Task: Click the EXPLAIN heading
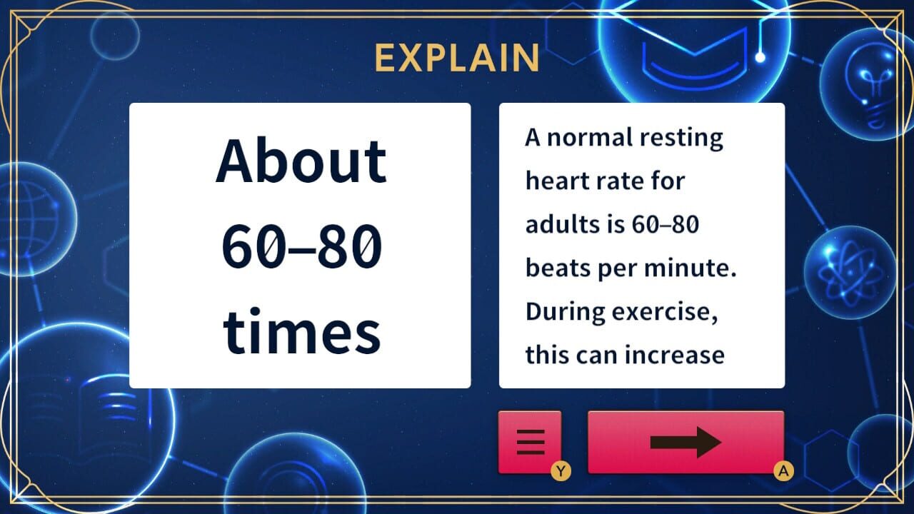pyautogui.click(x=457, y=58)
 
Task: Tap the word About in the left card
pyautogui.click(x=301, y=161)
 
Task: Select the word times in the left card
pyautogui.click(x=302, y=331)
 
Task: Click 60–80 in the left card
pyautogui.click(x=302, y=246)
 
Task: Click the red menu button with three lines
pyautogui.click(x=530, y=442)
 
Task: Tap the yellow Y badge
pyautogui.click(x=561, y=471)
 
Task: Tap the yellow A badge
pyautogui.click(x=783, y=471)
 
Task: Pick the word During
pyautogui.click(x=565, y=311)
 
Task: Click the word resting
pyautogui.click(x=681, y=138)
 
